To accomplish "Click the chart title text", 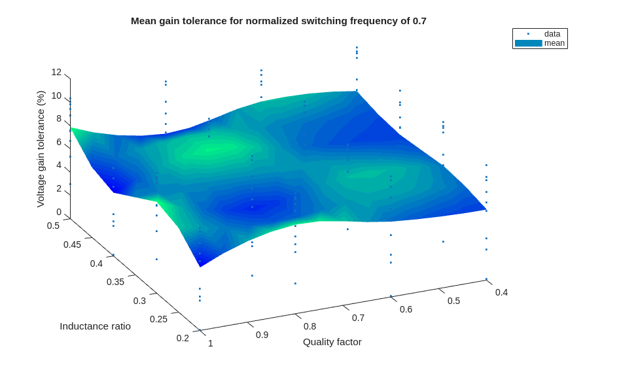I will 278,21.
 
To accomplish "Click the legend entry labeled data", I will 552,34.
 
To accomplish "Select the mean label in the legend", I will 554,43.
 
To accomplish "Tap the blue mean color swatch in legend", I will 528,43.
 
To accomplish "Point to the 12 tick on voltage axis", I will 57,72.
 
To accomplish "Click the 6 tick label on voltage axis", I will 59,142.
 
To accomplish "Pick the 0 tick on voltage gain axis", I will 59,212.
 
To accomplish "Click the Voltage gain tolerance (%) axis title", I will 41,149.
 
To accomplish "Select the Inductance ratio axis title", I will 95,326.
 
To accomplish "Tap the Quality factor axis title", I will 332,341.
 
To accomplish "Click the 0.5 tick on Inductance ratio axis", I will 53,226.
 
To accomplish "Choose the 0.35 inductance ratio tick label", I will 115,282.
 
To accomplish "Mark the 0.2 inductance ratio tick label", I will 183,338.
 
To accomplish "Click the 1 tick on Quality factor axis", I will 211,343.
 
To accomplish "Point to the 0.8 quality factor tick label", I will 309,326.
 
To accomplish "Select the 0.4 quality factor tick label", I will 501,292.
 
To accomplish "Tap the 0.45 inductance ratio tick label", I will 72,245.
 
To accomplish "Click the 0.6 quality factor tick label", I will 406,309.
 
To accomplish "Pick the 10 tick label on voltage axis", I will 57,95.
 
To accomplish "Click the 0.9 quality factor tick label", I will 262,335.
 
